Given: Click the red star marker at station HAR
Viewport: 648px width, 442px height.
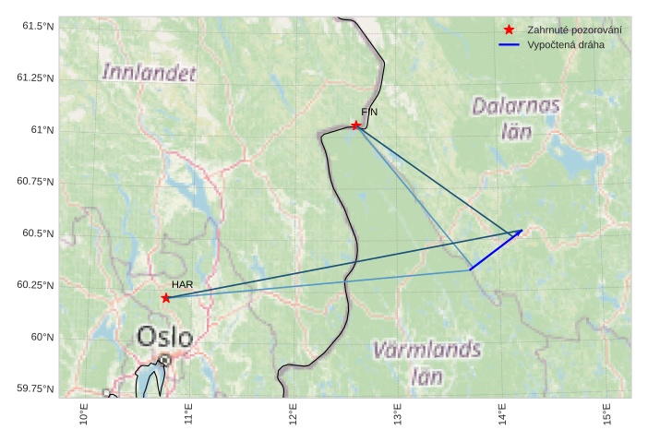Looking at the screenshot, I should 165,297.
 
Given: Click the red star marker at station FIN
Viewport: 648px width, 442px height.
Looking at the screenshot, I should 355,125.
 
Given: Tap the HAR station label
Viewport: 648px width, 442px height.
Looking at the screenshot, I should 182,285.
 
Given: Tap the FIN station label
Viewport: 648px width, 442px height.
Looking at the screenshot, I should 369,111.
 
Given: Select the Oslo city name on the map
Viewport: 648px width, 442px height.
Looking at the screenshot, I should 165,336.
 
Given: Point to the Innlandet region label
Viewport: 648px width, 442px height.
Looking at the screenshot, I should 150,71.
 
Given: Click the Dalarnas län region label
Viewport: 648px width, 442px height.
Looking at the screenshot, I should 516,117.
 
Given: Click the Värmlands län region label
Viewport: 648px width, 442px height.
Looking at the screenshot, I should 426,362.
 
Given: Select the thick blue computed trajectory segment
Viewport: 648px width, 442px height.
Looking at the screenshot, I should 496,250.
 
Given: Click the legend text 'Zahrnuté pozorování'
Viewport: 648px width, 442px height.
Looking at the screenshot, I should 573,30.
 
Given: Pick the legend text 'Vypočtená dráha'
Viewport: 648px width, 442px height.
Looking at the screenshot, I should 565,44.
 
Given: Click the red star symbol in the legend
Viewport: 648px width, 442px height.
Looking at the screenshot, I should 509,30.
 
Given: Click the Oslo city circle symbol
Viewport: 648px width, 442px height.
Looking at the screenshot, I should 164,360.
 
